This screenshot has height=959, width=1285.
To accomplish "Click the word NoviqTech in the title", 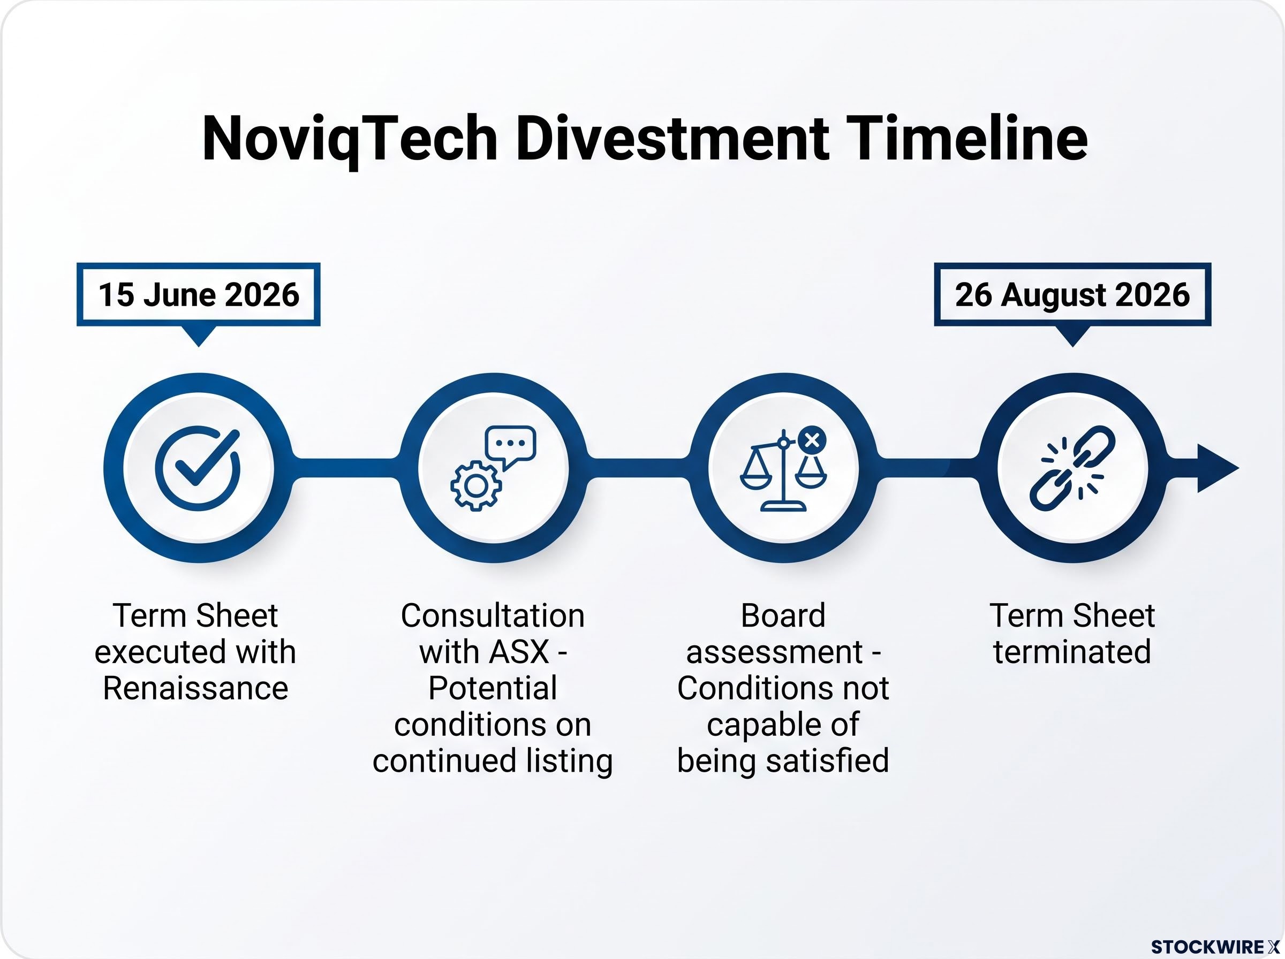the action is pyautogui.click(x=350, y=140).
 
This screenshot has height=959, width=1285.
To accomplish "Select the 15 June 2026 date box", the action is pyautogui.click(x=199, y=294).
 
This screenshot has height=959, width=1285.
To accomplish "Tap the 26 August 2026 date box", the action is pyautogui.click(x=1072, y=294).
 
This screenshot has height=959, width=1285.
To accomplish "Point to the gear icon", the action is pyautogui.click(x=476, y=485).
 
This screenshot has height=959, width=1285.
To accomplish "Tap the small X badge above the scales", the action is pyautogui.click(x=812, y=440).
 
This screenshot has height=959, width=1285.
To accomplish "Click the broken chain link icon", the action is pyautogui.click(x=1072, y=468).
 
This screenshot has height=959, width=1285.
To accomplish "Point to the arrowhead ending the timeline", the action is pyautogui.click(x=1218, y=468).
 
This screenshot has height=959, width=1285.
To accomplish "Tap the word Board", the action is pyautogui.click(x=783, y=615).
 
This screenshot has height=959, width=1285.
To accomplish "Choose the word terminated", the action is pyautogui.click(x=1072, y=651).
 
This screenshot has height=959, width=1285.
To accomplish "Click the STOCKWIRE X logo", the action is pyautogui.click(x=1215, y=947).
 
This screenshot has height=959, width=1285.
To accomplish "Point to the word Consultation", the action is pyautogui.click(x=493, y=615).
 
